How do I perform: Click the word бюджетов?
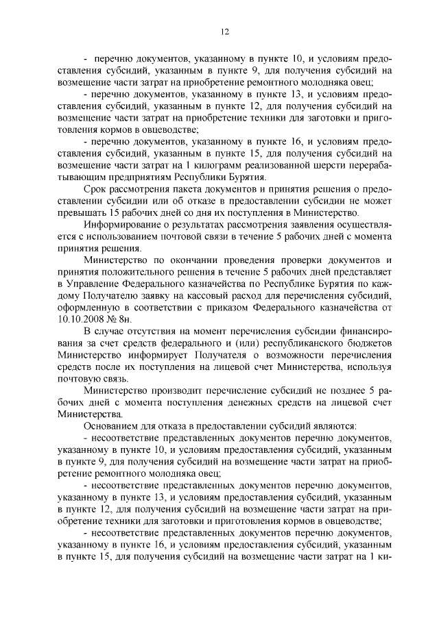click(x=368, y=344)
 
